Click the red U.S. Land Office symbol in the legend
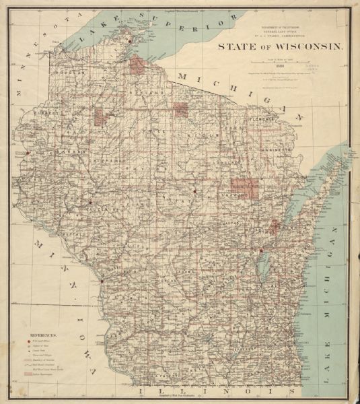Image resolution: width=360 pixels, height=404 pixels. coord(28,342)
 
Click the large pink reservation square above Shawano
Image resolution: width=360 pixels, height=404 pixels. coord(243,188)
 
